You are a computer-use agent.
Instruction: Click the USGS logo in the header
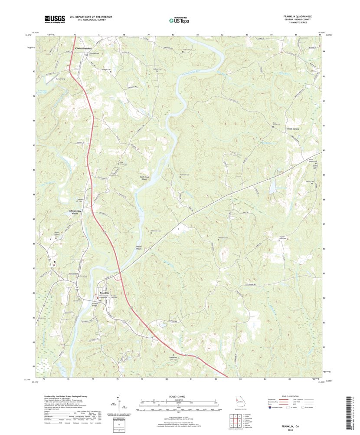(54, 19)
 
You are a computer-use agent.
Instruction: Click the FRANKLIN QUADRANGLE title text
(299, 16)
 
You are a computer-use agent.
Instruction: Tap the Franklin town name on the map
(104, 293)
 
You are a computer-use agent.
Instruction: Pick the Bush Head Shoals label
(145, 178)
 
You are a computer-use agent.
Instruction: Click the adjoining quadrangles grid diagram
(234, 420)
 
